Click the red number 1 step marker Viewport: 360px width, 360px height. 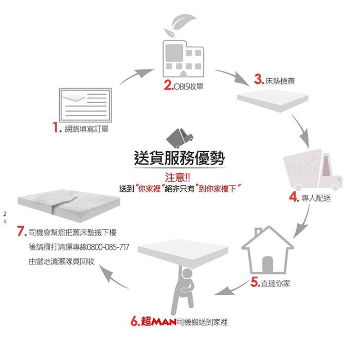(57, 128)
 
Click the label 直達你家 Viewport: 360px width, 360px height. (276, 282)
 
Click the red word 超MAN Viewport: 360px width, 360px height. (157, 322)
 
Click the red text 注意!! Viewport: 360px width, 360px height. (180, 177)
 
